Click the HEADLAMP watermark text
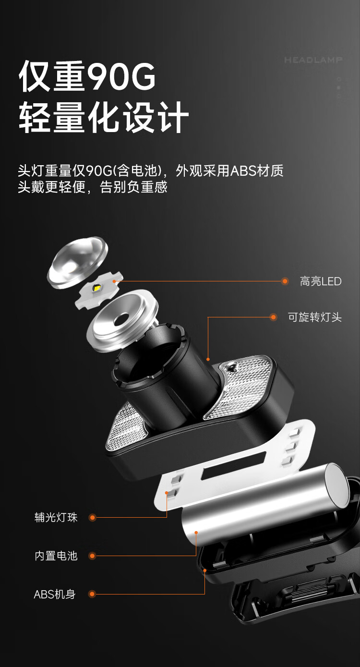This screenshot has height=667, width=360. pyautogui.click(x=313, y=60)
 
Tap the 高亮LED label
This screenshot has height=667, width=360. pyautogui.click(x=321, y=281)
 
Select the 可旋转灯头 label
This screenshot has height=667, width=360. pyautogui.click(x=315, y=317)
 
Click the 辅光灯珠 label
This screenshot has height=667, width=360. pyautogui.click(x=56, y=517)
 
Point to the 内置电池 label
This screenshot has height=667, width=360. pyautogui.click(x=56, y=556)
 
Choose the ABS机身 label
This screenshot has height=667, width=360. pyautogui.click(x=55, y=594)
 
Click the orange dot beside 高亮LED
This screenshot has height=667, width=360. pyautogui.click(x=285, y=281)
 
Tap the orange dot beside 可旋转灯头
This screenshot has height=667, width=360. pyautogui.click(x=273, y=317)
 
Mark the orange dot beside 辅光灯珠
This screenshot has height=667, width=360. pyautogui.click(x=92, y=518)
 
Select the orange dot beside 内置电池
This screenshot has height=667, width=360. pyautogui.click(x=92, y=556)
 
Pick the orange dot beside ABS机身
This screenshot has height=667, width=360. pyautogui.click(x=92, y=594)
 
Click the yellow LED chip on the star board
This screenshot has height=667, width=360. pyautogui.click(x=96, y=288)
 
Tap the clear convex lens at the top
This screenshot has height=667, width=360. pyautogui.click(x=77, y=262)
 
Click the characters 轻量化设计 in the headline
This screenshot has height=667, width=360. pyautogui.click(x=104, y=117)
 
